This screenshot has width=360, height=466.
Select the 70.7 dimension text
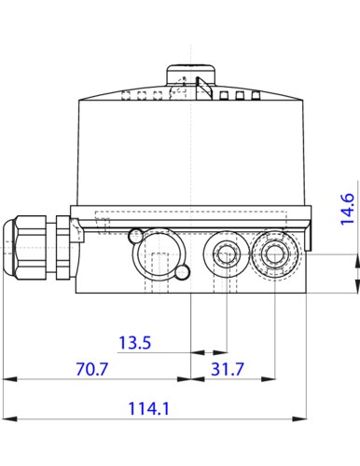point(90,369)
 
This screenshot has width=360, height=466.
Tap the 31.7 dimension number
point(227,369)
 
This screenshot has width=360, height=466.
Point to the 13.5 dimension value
point(134,343)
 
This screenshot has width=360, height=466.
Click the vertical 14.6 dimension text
point(347,210)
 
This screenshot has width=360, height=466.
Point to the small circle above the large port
point(137,233)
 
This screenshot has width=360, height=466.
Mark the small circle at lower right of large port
point(184,272)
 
